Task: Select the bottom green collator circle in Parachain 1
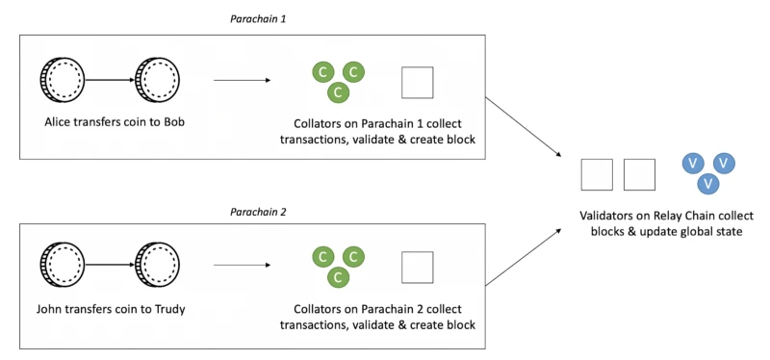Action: (337, 92)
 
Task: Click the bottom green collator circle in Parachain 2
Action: (337, 277)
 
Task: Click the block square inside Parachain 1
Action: (417, 82)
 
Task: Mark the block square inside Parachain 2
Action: (417, 267)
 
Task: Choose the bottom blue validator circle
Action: (707, 183)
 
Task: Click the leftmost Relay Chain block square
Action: (597, 174)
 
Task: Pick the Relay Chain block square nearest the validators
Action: (639, 174)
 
